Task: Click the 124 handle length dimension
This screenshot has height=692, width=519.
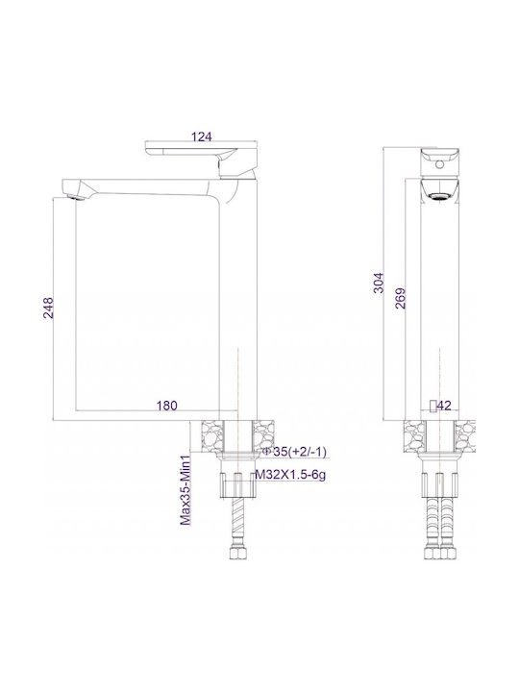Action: pyautogui.click(x=201, y=136)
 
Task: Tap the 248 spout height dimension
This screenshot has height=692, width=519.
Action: pyautogui.click(x=48, y=308)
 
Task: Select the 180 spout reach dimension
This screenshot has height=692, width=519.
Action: pyautogui.click(x=167, y=406)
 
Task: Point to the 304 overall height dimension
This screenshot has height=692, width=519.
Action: pyautogui.click(x=379, y=283)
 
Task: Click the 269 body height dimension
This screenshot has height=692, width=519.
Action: pyautogui.click(x=400, y=298)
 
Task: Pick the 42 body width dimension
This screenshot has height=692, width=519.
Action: pyautogui.click(x=445, y=406)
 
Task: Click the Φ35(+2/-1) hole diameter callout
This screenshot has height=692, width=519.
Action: pyautogui.click(x=294, y=452)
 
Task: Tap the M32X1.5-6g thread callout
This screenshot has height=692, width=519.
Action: pyautogui.click(x=291, y=476)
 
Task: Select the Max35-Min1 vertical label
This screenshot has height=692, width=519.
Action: pyautogui.click(x=185, y=490)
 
